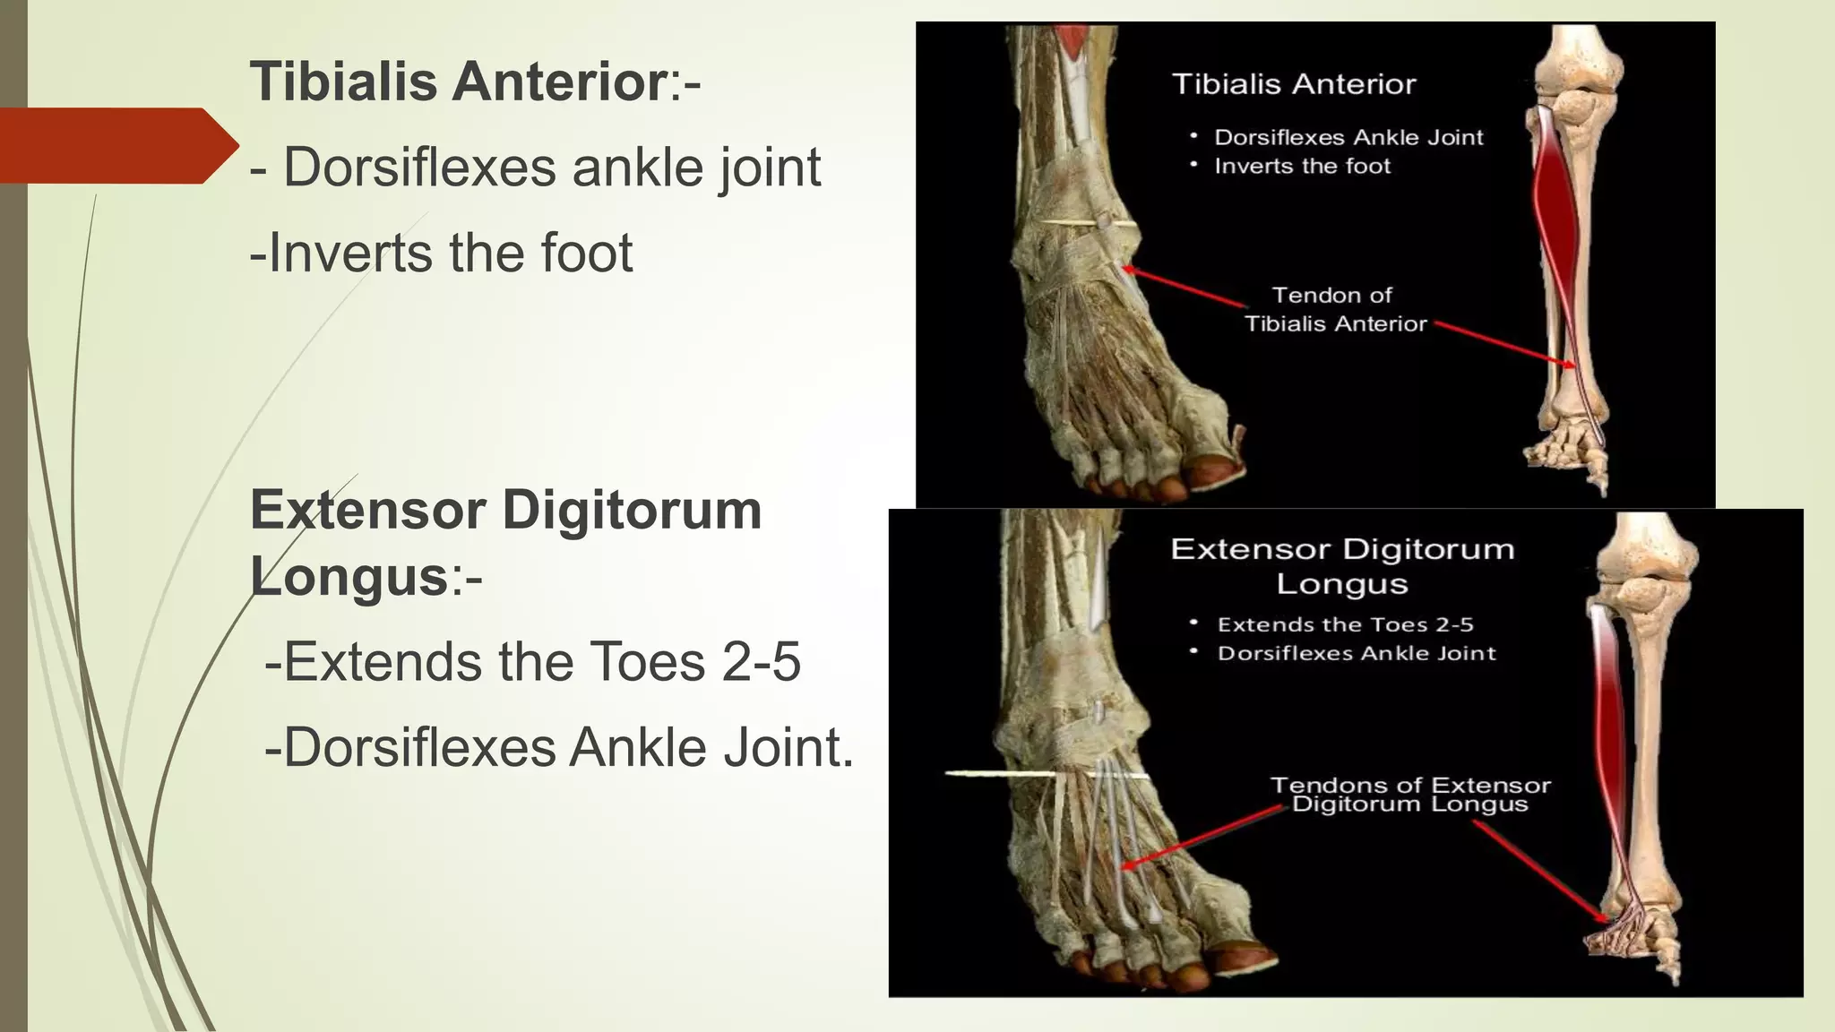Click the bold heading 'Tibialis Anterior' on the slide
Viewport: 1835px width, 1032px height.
click(457, 82)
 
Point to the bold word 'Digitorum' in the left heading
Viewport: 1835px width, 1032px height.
click(632, 510)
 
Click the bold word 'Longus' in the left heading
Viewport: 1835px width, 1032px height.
click(349, 575)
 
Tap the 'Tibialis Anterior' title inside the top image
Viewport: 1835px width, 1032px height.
click(1294, 84)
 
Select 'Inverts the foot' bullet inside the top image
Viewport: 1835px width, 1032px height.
click(1302, 167)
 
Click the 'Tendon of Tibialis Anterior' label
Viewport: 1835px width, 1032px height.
click(1334, 309)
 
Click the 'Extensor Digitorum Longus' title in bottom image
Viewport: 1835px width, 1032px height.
click(1342, 565)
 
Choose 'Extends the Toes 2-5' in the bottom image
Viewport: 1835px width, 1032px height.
click(1345, 624)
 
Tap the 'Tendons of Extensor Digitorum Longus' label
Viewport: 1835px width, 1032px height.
click(1410, 795)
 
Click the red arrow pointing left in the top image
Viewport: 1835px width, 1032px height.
click(1183, 288)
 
